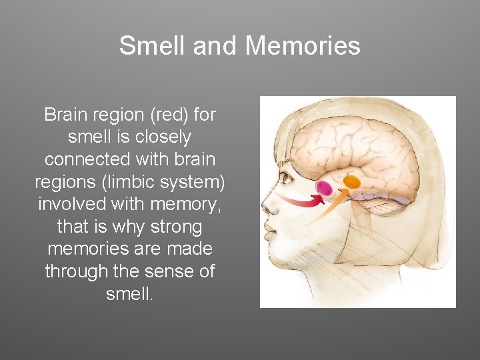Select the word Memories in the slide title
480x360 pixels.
point(303,45)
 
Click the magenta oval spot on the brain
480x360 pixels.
point(324,188)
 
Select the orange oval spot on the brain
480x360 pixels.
point(351,181)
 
